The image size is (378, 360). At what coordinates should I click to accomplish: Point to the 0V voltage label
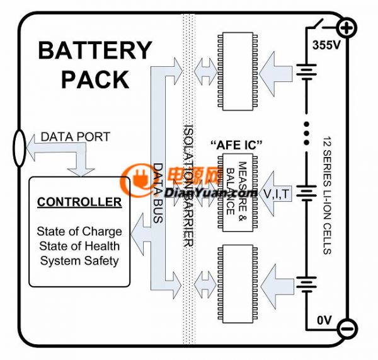[x=324, y=320]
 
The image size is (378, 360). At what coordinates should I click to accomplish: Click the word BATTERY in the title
[x=95, y=50]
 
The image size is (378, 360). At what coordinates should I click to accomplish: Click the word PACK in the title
[x=95, y=79]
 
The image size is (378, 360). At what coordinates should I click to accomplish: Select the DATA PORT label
[x=75, y=137]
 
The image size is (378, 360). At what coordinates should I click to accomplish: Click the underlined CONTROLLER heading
[x=79, y=202]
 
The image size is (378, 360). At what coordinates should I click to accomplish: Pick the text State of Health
[x=79, y=245]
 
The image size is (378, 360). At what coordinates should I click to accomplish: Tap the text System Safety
[x=79, y=259]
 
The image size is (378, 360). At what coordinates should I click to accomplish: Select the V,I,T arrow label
[x=277, y=194]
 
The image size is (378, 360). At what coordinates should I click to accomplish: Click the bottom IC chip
[x=236, y=281]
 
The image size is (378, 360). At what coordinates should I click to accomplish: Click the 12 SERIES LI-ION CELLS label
[x=326, y=195]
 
